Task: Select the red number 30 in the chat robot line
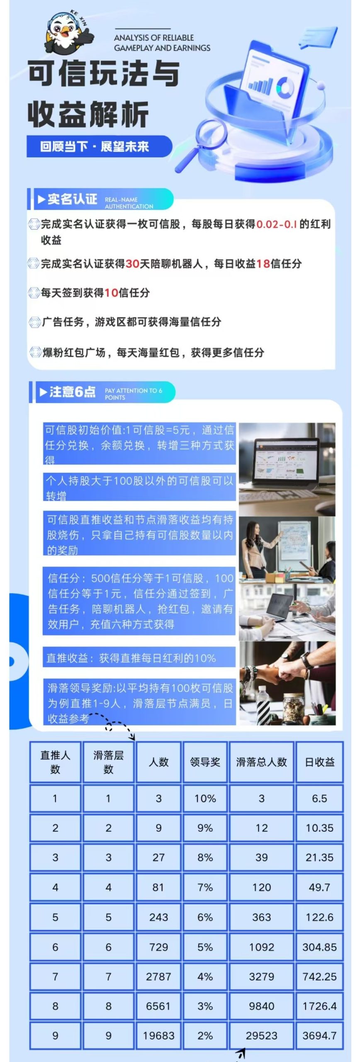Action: click(x=132, y=264)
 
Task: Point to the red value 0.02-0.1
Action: click(x=277, y=224)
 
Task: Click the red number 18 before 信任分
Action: click(x=263, y=264)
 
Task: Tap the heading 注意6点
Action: click(x=72, y=392)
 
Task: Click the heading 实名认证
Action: click(x=72, y=200)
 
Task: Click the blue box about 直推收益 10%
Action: click(x=139, y=658)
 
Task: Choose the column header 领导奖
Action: click(x=205, y=762)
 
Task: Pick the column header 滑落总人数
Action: click(x=261, y=762)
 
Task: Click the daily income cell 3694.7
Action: click(x=319, y=1035)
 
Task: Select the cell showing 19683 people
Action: click(x=158, y=1035)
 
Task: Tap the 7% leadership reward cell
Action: click(x=205, y=887)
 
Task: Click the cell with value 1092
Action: click(x=261, y=947)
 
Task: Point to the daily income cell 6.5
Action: click(x=319, y=799)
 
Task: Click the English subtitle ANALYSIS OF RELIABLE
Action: click(x=154, y=38)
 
